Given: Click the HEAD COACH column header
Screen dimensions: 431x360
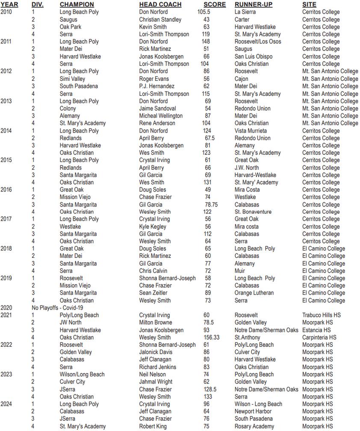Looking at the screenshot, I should click(x=160, y=4).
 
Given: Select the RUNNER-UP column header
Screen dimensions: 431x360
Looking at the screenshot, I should click(x=254, y=4).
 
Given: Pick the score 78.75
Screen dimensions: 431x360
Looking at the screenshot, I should click(x=209, y=204).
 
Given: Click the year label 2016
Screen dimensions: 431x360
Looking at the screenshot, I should click(x=6, y=189).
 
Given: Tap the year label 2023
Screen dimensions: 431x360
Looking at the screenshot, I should click(x=6, y=374).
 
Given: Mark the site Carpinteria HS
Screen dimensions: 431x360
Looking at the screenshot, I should click(x=319, y=337).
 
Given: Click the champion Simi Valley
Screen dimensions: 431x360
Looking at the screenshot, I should click(x=72, y=79).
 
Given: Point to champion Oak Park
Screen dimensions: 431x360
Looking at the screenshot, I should click(x=70, y=27).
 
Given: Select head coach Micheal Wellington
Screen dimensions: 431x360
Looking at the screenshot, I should click(x=161, y=115).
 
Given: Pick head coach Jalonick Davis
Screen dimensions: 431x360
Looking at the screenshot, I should click(x=156, y=352).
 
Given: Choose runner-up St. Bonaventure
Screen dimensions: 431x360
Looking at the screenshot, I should click(x=253, y=212).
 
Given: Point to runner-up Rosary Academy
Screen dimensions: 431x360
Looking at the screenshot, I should click(x=254, y=426).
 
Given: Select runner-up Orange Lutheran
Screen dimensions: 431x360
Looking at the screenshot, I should click(x=254, y=293).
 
